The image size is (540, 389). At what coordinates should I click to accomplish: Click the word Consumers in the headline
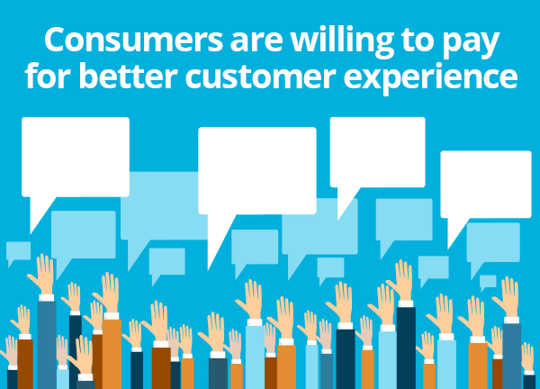(x=134, y=40)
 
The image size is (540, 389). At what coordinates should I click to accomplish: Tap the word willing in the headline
(x=342, y=41)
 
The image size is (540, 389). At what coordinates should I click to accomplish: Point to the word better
(x=129, y=75)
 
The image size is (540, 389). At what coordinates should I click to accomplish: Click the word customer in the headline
(x=261, y=76)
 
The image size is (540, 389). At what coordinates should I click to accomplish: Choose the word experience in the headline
(x=430, y=78)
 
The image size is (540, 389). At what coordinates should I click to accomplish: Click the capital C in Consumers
(x=56, y=40)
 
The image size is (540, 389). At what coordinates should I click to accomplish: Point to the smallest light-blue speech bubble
(x=488, y=282)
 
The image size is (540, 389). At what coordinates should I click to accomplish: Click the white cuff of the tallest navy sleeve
(x=406, y=303)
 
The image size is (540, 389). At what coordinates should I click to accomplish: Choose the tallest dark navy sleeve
(x=406, y=348)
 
